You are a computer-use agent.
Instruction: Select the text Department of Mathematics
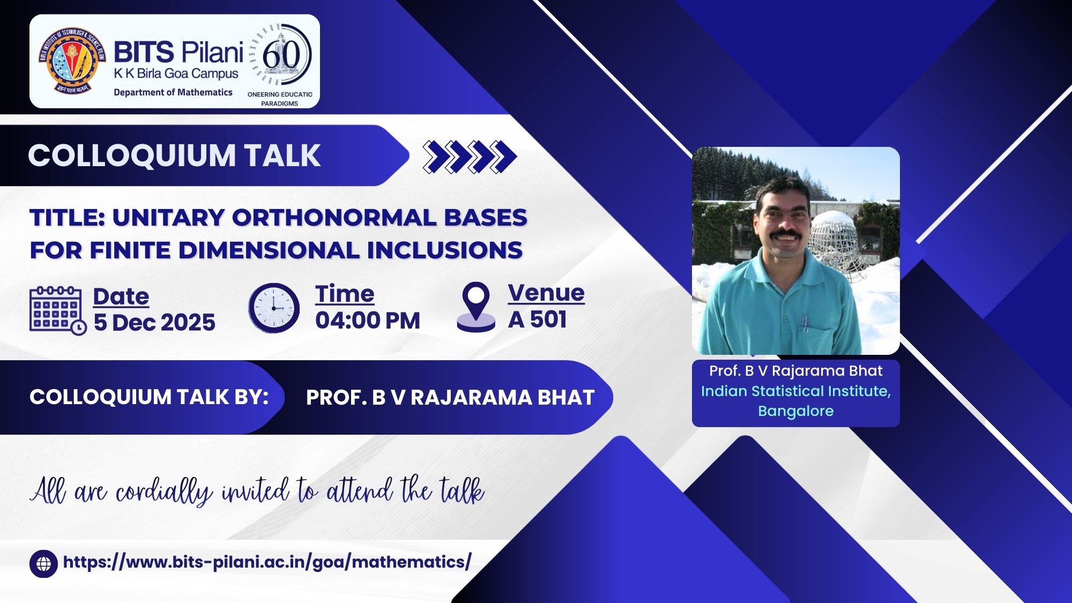tap(173, 92)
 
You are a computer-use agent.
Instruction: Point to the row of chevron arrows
tap(470, 157)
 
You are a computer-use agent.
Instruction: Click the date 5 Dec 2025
tap(154, 323)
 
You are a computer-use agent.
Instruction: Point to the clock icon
tap(274, 308)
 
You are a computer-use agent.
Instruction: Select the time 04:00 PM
tap(368, 321)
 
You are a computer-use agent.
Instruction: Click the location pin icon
tap(476, 307)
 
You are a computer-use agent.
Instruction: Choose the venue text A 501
tap(538, 319)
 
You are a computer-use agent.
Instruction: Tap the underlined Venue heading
tap(546, 293)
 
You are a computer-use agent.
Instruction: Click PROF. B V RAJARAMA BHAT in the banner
tap(450, 398)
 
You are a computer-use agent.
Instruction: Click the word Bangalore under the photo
tap(796, 411)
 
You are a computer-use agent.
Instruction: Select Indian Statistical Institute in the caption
tap(796, 391)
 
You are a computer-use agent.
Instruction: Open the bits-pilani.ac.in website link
tap(267, 562)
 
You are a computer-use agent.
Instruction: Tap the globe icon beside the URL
tap(43, 564)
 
